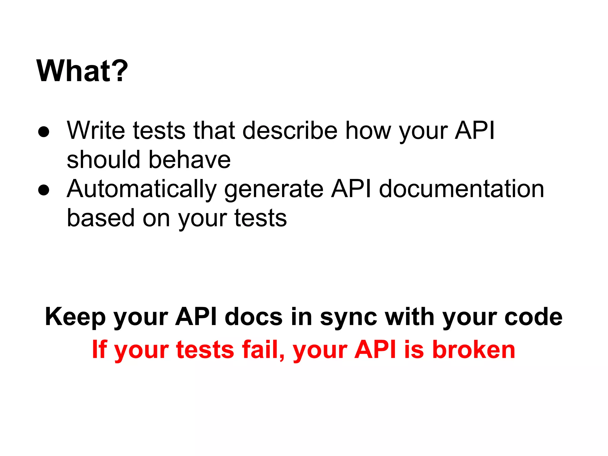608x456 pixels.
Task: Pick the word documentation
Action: (462, 189)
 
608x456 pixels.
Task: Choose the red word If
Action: (99, 349)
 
